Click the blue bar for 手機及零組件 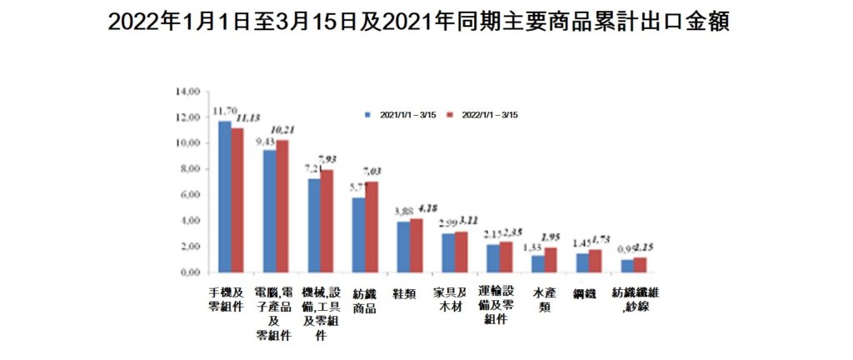coord(224,197)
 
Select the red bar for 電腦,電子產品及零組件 coord(282,206)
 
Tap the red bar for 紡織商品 coord(372,227)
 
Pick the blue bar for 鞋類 coord(403,247)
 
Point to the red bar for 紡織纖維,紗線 coord(640,265)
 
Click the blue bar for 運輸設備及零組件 coord(493,258)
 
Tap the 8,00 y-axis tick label coord(191,169)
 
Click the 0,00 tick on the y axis coord(191,272)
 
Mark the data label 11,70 coord(223,110)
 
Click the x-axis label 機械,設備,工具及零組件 coord(321,313)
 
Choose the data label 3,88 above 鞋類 coord(402,210)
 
